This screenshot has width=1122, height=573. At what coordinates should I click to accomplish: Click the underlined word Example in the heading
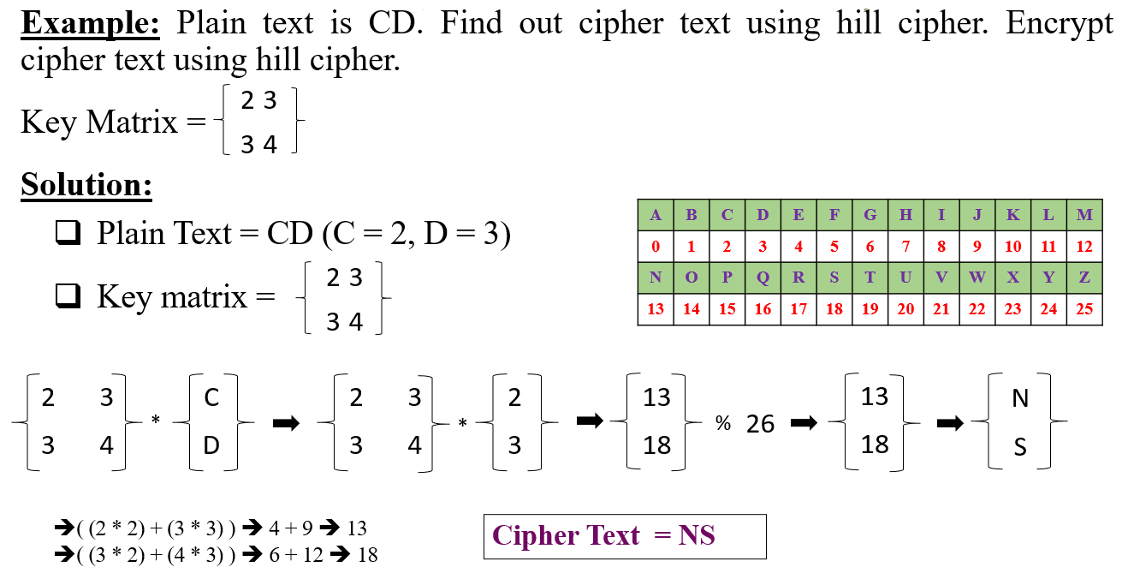coord(90,23)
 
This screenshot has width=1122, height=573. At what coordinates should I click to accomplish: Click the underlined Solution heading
coord(86,184)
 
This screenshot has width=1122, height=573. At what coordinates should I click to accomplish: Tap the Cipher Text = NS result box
coord(625,536)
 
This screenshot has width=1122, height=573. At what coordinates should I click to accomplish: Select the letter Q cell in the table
coord(763,278)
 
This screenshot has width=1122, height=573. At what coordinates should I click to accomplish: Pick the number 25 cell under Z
coord(1084,309)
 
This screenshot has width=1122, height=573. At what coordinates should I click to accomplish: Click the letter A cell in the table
coord(656,215)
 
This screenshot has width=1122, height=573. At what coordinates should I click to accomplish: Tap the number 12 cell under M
coord(1084,247)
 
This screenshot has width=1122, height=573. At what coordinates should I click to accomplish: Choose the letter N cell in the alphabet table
coord(656,278)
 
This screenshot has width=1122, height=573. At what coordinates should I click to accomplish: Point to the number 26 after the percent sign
coord(760,423)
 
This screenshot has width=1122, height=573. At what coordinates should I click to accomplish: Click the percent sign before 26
coord(723,422)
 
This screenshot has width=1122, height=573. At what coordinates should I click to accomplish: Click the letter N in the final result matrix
coord(1019,398)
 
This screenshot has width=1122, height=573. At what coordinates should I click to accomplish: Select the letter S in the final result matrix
coord(1019,446)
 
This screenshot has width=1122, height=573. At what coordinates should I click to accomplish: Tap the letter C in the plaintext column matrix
coord(211,398)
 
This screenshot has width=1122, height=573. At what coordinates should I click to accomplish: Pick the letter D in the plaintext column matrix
coord(211,446)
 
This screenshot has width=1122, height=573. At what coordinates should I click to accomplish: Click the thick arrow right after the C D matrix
coord(285,423)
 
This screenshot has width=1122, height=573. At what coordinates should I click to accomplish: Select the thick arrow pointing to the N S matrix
coord(950,423)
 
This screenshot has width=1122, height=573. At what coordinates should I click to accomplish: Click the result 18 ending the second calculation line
coord(366,554)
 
